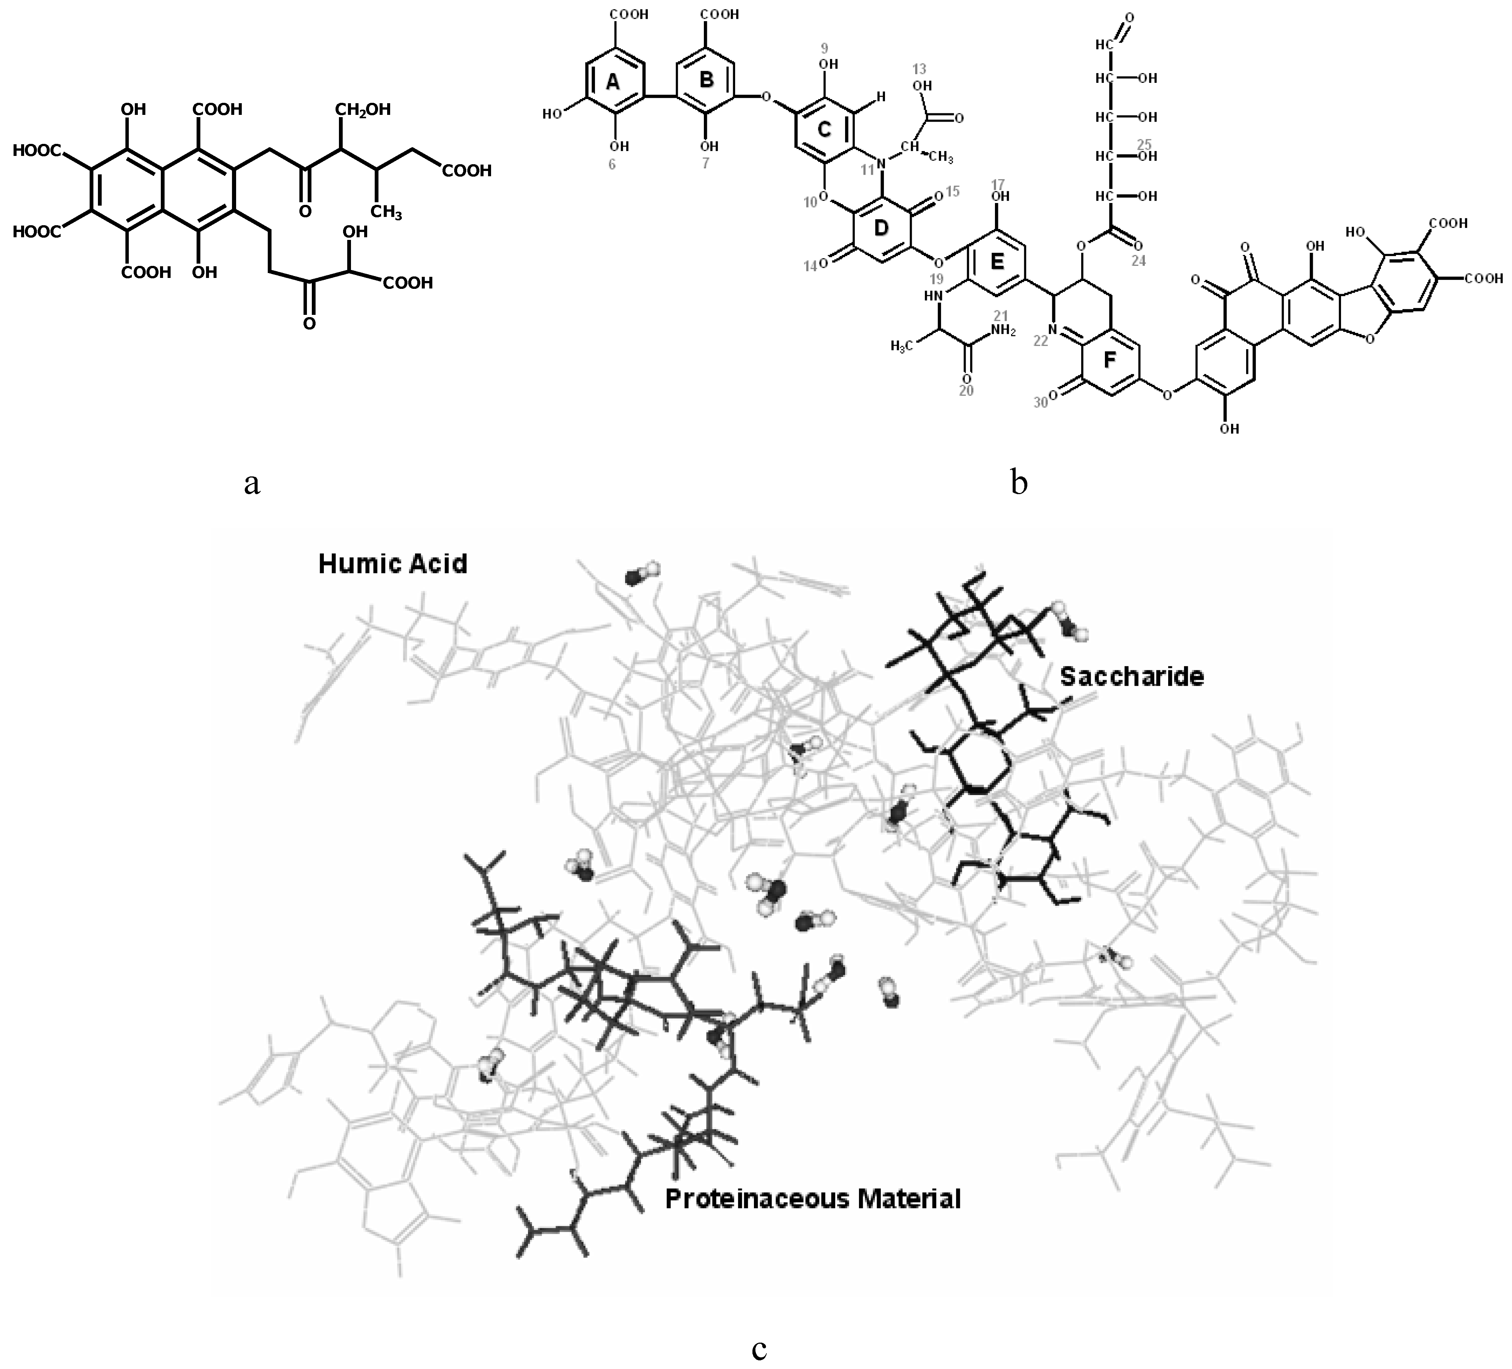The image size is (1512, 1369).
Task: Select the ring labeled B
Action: pyautogui.click(x=706, y=79)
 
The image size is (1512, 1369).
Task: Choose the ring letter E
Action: pyautogui.click(x=997, y=261)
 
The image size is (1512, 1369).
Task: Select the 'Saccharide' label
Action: pyautogui.click(x=1132, y=677)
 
